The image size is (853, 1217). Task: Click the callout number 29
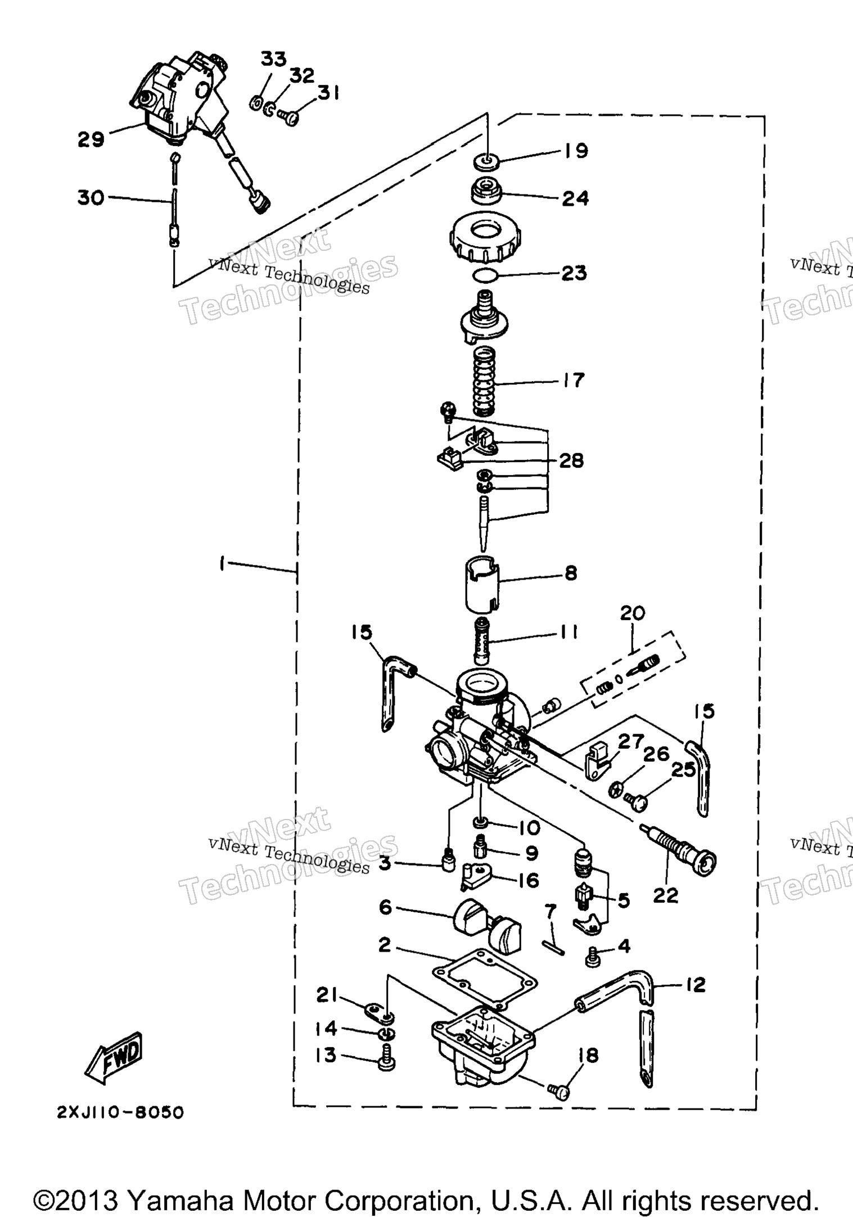[91, 139]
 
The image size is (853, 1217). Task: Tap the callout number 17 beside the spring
[573, 380]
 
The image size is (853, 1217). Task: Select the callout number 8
[570, 573]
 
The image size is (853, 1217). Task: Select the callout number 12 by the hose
[696, 984]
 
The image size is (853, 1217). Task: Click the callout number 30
[91, 198]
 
